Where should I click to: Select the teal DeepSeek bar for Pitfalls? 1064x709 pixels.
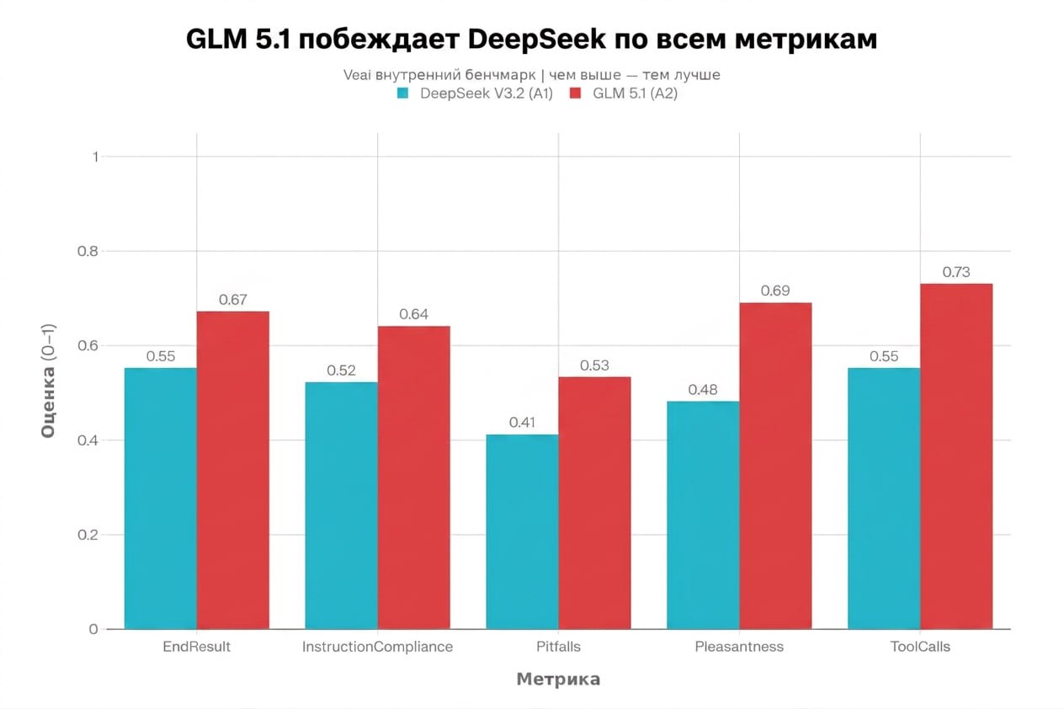pyautogui.click(x=522, y=531)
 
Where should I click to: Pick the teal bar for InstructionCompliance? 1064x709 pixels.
pyautogui.click(x=341, y=505)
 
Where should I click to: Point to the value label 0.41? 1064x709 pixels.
pyautogui.click(x=522, y=423)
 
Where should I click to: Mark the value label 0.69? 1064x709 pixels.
pyautogui.click(x=774, y=291)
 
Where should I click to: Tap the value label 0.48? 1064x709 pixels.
pyautogui.click(x=702, y=390)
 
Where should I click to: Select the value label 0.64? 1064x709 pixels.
pyautogui.click(x=413, y=314)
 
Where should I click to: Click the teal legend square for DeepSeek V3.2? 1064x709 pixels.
pyautogui.click(x=403, y=93)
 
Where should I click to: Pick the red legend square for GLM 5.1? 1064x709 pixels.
pyautogui.click(x=576, y=93)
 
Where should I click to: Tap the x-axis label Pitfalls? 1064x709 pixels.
pyautogui.click(x=558, y=647)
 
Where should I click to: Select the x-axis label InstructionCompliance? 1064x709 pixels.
pyautogui.click(x=377, y=647)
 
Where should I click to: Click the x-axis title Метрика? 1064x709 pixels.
pyautogui.click(x=558, y=680)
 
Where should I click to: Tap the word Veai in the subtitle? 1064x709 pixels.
pyautogui.click(x=358, y=75)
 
